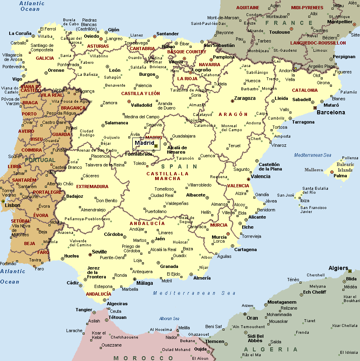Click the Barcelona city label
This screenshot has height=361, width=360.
coord(331,112)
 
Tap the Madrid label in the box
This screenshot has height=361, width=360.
coord(144,143)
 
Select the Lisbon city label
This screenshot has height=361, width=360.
coord(12,205)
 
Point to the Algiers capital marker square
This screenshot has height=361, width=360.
coord(350,271)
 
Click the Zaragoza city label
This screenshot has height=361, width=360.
coord(245,98)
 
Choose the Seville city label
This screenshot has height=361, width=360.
coord(99,252)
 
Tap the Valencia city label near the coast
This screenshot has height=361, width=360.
coord(261,176)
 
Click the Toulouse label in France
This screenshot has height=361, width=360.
coord(279,32)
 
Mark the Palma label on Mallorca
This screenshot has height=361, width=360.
coord(340,176)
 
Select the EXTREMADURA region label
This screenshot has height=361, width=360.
coord(92,187)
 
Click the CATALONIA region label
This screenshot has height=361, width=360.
coord(305,90)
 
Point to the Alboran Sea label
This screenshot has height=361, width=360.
coord(169,319)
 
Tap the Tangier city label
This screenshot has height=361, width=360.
coord(84,310)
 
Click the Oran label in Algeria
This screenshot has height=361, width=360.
coord(252,318)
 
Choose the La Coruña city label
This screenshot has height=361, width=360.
coord(20,33)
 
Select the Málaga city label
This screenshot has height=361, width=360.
coord(145,283)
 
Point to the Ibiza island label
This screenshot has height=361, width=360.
coord(305,201)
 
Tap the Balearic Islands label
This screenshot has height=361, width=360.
coord(345,167)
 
